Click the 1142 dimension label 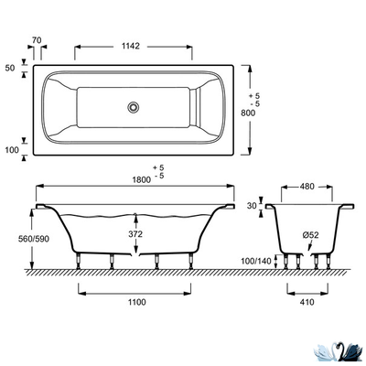(x=131, y=47)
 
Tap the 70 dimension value (x=37, y=40)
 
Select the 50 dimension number (x=10, y=69)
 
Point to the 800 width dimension (x=248, y=113)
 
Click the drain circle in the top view (x=134, y=107)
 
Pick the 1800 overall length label (x=142, y=179)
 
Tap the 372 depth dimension (x=135, y=234)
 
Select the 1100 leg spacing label (x=136, y=302)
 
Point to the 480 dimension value (x=307, y=187)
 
